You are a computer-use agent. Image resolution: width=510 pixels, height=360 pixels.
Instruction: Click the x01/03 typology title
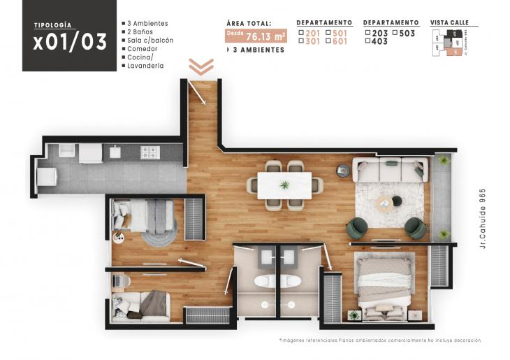pyautogui.click(x=70, y=42)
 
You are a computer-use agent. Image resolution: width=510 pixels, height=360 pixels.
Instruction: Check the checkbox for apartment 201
pyautogui.click(x=301, y=33)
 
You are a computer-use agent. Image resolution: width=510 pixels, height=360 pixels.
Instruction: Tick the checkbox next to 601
pyautogui.click(x=328, y=42)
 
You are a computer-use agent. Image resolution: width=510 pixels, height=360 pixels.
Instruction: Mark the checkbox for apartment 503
pyautogui.click(x=395, y=33)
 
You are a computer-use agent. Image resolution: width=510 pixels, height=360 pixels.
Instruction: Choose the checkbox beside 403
pyautogui.click(x=368, y=42)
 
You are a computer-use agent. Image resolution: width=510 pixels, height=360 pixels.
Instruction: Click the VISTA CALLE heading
pyautogui.click(x=449, y=23)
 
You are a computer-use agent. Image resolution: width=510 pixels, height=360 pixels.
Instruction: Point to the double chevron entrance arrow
pyautogui.click(x=201, y=66)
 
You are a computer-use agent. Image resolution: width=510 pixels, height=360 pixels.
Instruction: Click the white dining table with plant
pyautogui.click(x=284, y=185)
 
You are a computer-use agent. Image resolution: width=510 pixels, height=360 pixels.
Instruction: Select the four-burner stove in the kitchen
pyautogui.click(x=150, y=152)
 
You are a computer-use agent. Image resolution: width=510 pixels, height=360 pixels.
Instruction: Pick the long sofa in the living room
pyautogui.click(x=390, y=170)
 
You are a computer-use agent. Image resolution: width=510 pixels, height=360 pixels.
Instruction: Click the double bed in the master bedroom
pyautogui.click(x=385, y=287)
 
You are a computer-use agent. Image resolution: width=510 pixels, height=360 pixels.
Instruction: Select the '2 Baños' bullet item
pyautogui.click(x=141, y=32)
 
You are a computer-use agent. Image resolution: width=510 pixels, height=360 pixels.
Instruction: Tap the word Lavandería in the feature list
pyautogui.click(x=145, y=66)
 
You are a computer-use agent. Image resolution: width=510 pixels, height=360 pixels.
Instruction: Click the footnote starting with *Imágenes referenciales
pyautogui.click(x=380, y=340)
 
